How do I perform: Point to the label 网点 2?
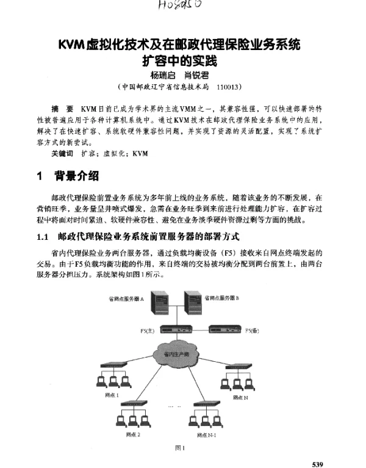click(134, 434)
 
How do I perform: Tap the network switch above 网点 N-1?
click(204, 405)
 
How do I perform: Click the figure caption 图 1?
click(180, 448)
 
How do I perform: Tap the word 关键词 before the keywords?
click(62, 153)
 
